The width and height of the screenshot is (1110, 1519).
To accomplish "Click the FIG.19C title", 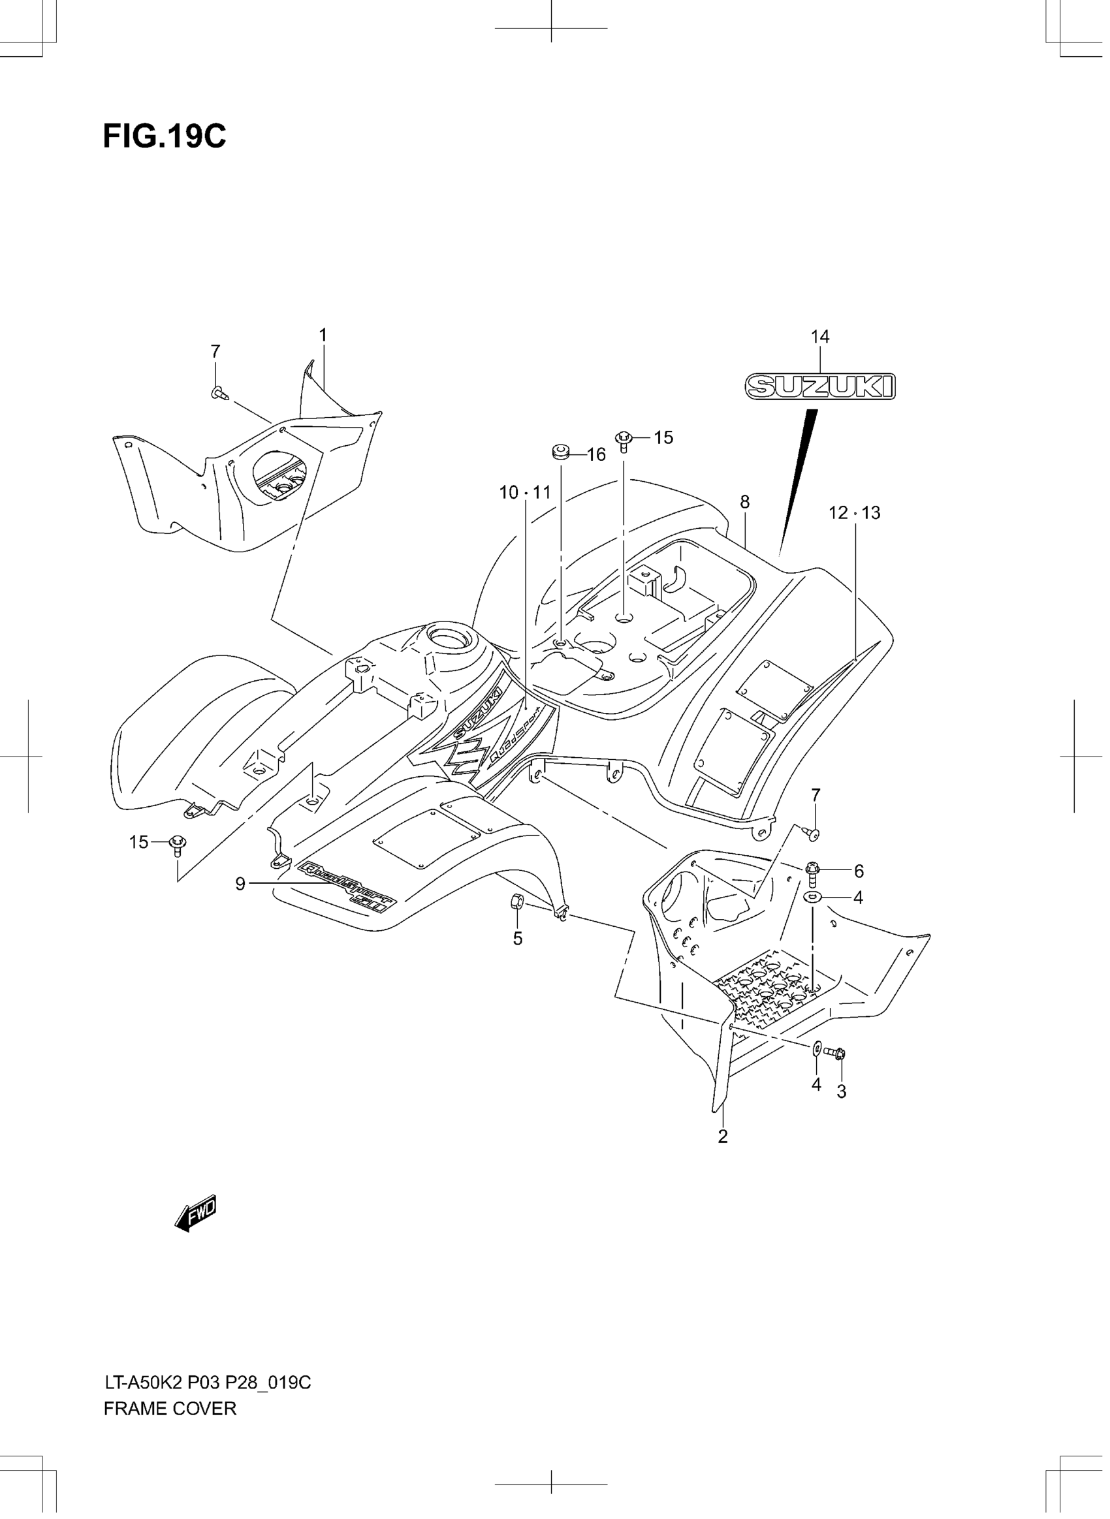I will coord(165,137).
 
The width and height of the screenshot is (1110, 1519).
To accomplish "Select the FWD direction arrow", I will coord(196,1213).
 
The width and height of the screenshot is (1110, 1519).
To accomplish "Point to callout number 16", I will coord(596,455).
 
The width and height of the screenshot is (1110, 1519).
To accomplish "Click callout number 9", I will coord(240,883).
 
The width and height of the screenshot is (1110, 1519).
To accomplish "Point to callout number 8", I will coord(744,502).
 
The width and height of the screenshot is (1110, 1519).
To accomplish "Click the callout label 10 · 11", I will coord(525,492).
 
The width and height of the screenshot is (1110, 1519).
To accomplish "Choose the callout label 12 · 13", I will coord(854,512).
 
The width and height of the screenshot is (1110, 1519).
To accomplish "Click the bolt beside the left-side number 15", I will coord(178,844).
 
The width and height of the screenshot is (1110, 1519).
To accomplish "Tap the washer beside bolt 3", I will coord(816,1048).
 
